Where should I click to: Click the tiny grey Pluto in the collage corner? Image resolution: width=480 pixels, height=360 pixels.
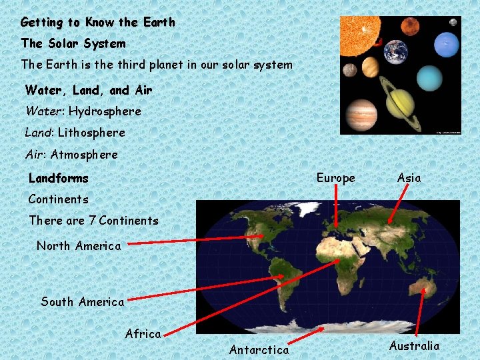coord(453,22)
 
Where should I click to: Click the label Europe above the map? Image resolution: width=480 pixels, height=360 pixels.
coord(335,178)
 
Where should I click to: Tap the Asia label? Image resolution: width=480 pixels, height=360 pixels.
coord(409,178)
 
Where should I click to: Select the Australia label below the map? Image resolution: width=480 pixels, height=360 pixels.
coord(414,345)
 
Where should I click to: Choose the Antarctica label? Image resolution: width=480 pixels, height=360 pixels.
coord(259,349)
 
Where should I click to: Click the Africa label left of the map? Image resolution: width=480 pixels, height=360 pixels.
coord(143,333)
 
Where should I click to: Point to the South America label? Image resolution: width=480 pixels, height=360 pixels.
coord(83,301)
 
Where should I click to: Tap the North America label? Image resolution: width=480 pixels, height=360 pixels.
coord(79,245)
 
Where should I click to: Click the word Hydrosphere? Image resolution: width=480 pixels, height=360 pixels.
coord(105,111)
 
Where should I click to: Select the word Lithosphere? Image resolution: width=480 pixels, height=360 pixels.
coord(91,133)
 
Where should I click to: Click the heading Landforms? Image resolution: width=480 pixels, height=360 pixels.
coord(58,178)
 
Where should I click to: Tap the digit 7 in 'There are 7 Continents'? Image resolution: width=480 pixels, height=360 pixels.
coord(93,220)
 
